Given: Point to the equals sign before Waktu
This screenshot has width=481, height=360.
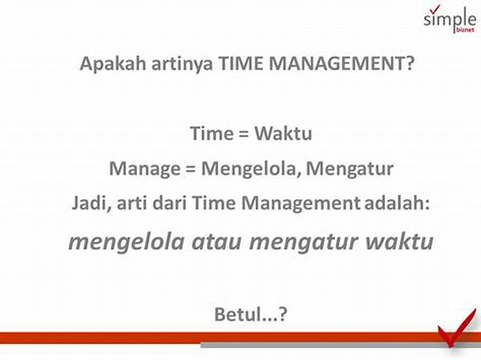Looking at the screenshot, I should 240,134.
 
